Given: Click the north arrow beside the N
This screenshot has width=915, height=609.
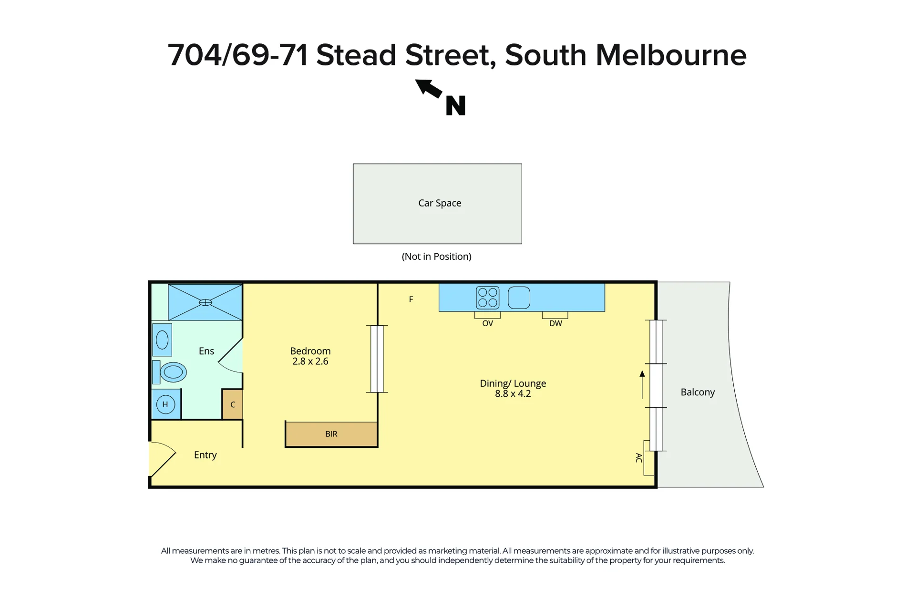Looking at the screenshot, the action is click(429, 88).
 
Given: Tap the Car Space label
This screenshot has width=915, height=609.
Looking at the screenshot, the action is click(440, 203).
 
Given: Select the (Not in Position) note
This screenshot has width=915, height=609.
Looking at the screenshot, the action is click(436, 257).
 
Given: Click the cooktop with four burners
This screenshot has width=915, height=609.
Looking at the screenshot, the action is click(487, 298).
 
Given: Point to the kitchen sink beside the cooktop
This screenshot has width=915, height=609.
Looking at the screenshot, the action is click(519, 298).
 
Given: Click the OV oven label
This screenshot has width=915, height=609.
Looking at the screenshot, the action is click(487, 323).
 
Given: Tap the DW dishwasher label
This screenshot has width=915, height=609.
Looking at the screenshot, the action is click(555, 323).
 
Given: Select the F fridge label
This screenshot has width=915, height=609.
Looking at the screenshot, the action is click(411, 299).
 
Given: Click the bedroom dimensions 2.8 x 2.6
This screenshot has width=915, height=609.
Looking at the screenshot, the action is click(310, 361).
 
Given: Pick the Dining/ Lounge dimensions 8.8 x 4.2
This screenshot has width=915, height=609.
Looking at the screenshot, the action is click(513, 394).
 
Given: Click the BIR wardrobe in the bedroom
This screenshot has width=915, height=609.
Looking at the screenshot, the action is click(331, 434).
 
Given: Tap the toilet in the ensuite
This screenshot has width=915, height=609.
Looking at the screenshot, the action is click(170, 372).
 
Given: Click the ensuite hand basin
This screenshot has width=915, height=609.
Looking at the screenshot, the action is click(162, 340).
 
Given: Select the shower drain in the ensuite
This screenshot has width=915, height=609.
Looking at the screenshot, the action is click(205, 302).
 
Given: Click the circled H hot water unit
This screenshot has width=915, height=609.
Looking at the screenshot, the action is click(165, 404).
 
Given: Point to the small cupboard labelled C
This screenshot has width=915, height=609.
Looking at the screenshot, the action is click(233, 404).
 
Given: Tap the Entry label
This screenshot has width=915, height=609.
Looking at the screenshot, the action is click(205, 455).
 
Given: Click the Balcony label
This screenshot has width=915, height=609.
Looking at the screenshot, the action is click(698, 392).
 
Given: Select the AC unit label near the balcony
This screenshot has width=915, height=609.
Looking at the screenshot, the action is click(639, 458).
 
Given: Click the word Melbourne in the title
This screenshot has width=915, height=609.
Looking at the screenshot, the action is click(671, 55).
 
